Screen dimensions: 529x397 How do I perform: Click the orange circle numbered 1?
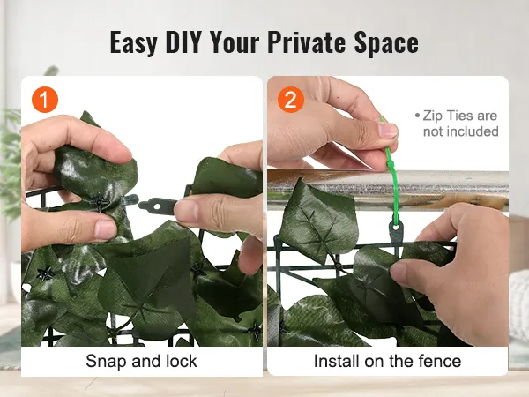[x=45, y=100]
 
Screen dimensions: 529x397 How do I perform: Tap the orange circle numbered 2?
[x=291, y=100]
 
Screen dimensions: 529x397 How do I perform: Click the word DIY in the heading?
[x=183, y=42]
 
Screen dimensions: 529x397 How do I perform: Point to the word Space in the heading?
[x=386, y=43]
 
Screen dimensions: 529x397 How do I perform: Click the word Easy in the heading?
[x=134, y=43]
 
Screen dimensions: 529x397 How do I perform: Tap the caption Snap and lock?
[x=141, y=361]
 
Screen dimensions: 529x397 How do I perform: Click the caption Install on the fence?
[x=387, y=361]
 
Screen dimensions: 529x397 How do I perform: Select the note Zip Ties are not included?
[x=457, y=124]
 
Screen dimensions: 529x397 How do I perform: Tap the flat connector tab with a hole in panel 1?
[x=158, y=206]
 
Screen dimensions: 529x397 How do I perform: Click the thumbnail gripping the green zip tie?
[x=388, y=131]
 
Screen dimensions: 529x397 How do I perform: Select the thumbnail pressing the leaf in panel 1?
[x=105, y=229]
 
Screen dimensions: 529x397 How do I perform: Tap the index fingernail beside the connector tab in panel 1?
[x=185, y=210]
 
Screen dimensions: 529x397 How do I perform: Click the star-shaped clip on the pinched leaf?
[x=101, y=202]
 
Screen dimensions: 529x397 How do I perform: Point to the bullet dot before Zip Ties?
[x=417, y=116]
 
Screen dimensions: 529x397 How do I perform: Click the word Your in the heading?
[x=235, y=42]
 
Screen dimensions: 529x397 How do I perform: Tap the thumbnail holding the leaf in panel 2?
[x=399, y=272]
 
